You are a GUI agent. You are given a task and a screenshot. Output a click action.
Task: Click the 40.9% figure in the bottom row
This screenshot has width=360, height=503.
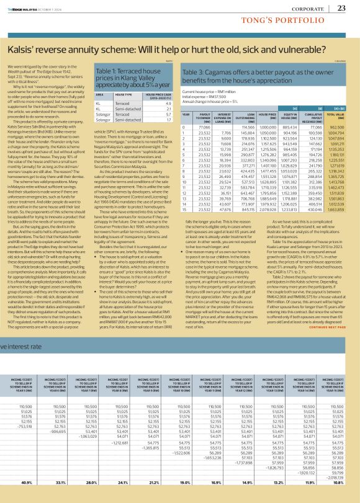(x=27, y=482)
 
